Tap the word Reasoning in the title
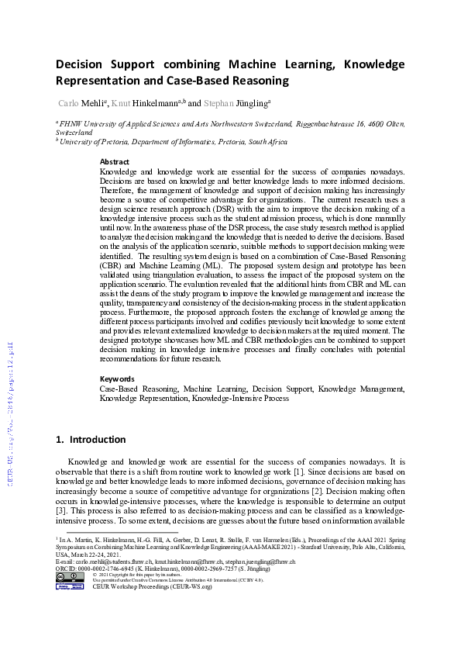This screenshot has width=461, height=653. tap(250, 80)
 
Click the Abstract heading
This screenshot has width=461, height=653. tap(115, 161)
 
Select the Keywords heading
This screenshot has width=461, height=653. tap(117, 379)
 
